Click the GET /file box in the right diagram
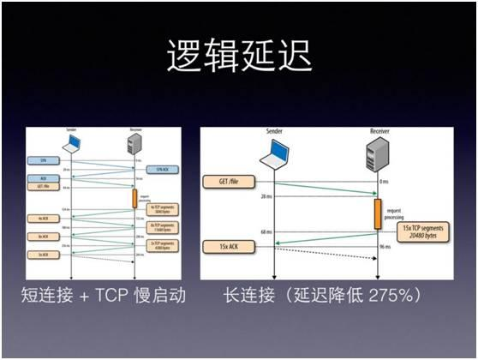point(224,182)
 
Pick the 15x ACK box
point(224,247)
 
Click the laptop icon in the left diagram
point(72,144)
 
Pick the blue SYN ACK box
point(160,170)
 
